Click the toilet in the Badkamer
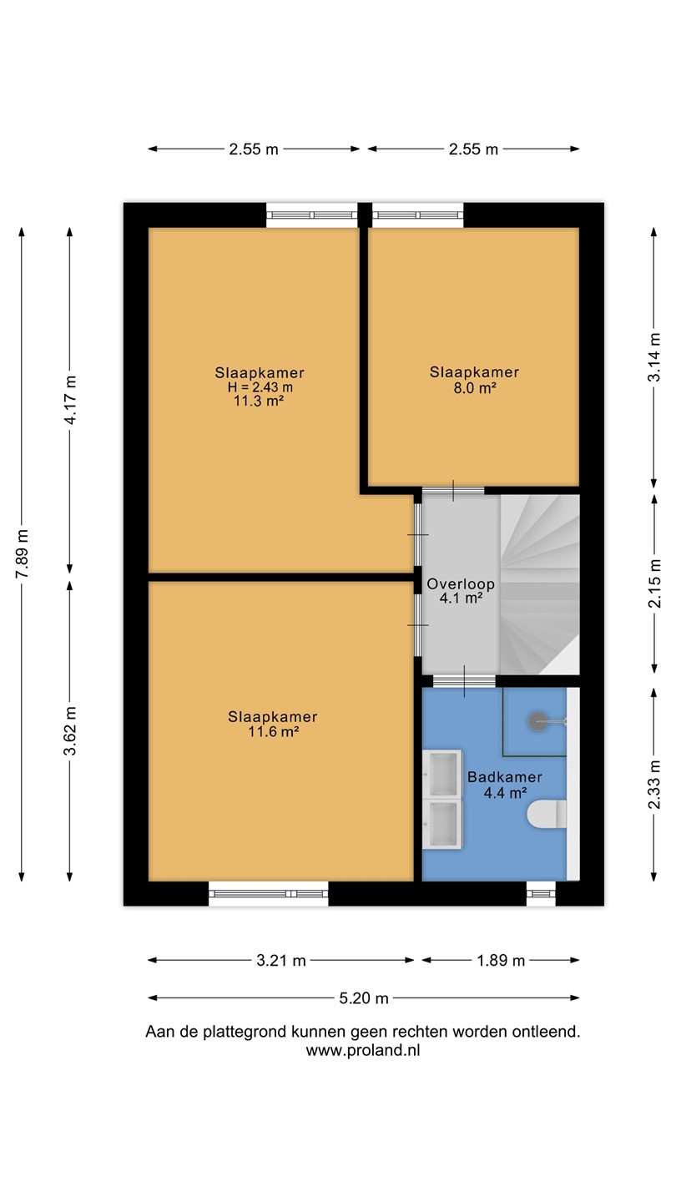tap(547, 814)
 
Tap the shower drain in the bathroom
tap(538, 722)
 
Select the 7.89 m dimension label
tap(22, 553)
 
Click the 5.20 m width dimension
tap(364, 998)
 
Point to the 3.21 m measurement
tap(280, 961)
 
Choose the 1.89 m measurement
tap(501, 961)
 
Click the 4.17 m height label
tap(70, 400)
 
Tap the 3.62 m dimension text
tap(70, 731)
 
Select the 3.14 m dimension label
tap(654, 357)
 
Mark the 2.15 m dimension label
tap(654, 583)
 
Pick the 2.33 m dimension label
tap(654, 785)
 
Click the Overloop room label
tap(461, 583)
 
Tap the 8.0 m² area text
tap(475, 388)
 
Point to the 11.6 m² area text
tap(273, 731)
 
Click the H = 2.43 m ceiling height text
tap(260, 387)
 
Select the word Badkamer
tap(505, 777)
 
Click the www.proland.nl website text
tap(363, 1050)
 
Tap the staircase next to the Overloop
tap(540, 584)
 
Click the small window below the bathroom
tap(541, 893)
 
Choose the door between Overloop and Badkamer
tap(464, 681)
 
